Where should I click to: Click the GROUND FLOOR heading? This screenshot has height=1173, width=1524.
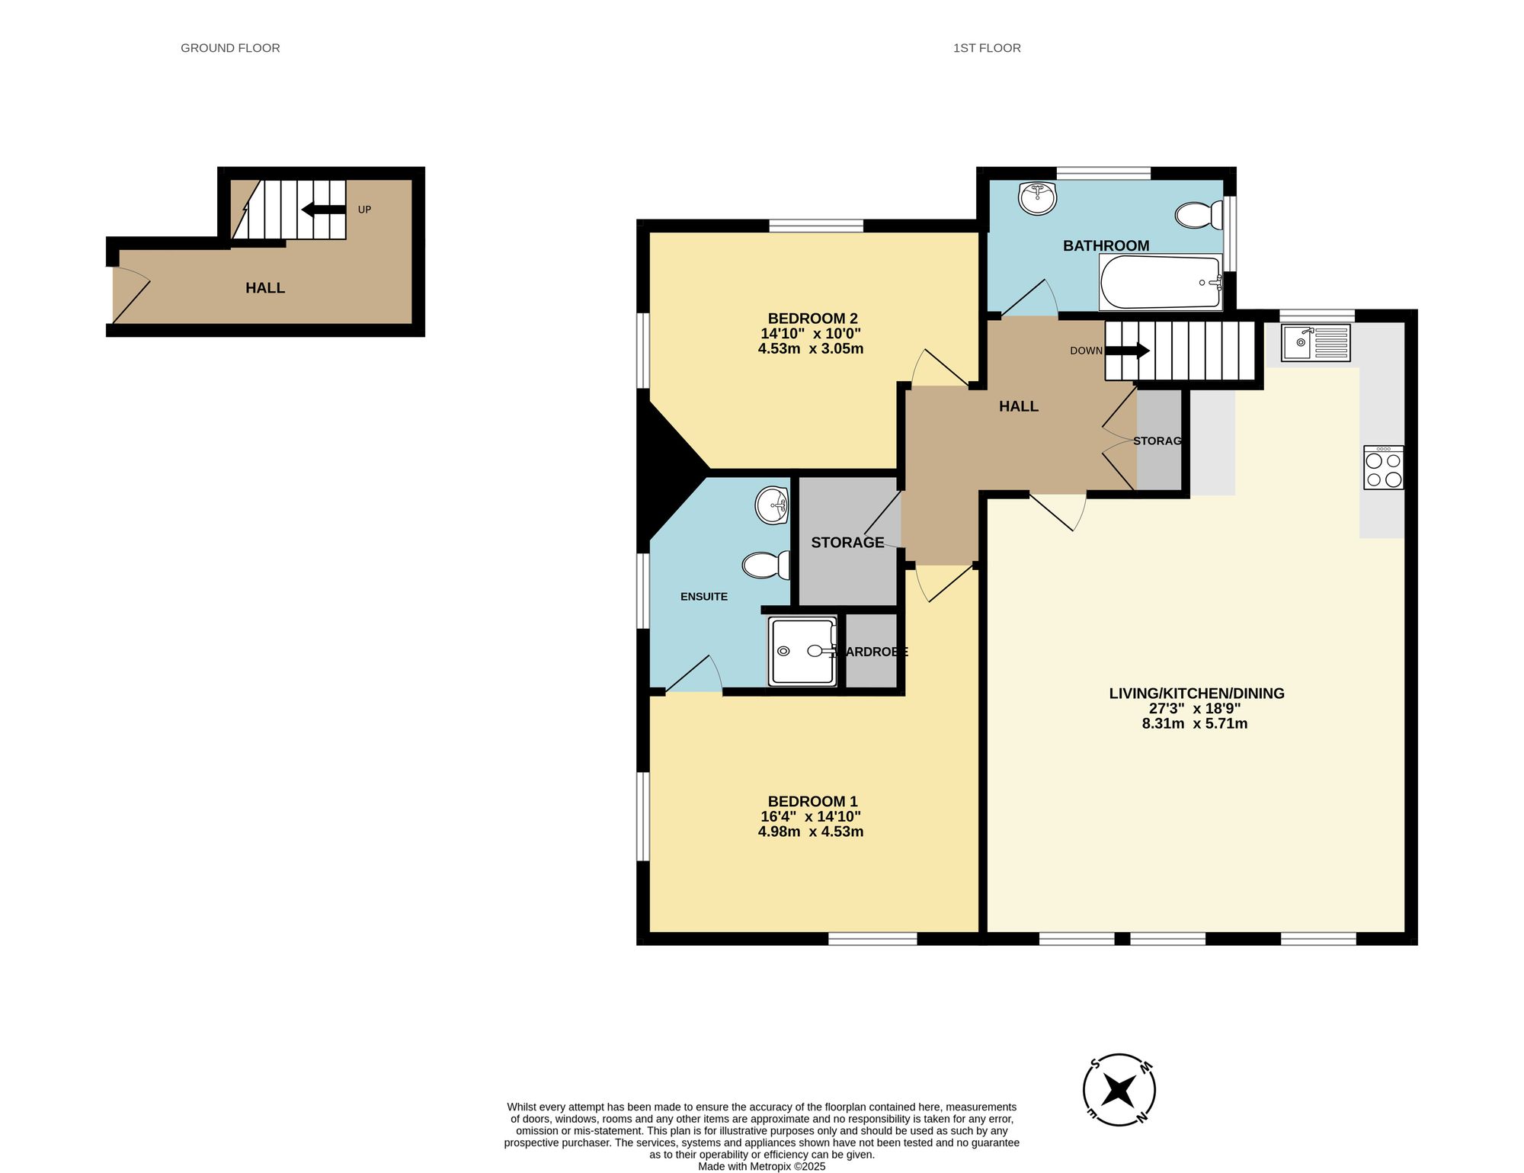coord(230,48)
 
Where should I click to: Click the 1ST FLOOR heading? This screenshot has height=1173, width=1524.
coord(987,48)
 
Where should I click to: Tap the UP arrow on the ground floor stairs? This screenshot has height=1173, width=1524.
coord(323,210)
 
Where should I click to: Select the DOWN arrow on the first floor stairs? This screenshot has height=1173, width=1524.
coord(1127,351)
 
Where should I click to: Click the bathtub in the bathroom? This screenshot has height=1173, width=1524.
coord(1161,282)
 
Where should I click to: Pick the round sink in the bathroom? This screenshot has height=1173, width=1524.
coord(1037,198)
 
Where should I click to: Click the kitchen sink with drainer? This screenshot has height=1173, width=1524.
coord(1315,342)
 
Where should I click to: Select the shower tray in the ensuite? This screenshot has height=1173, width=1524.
coord(802,652)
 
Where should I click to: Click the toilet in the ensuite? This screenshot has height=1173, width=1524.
coord(764,566)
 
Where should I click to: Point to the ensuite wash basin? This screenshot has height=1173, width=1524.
coord(772,505)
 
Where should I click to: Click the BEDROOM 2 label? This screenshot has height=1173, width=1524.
coord(812,319)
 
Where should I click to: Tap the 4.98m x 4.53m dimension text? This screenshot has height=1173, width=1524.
coord(811,832)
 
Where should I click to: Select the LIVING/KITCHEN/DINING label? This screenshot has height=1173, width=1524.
coord(1196,694)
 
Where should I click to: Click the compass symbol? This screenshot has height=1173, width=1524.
coord(1119,1091)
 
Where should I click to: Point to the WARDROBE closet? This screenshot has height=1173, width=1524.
coord(872,652)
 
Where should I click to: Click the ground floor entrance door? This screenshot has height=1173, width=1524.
coord(130,296)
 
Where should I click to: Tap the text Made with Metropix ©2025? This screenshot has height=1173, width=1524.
coord(761,1166)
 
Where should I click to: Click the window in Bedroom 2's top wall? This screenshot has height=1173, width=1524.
coord(816,226)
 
